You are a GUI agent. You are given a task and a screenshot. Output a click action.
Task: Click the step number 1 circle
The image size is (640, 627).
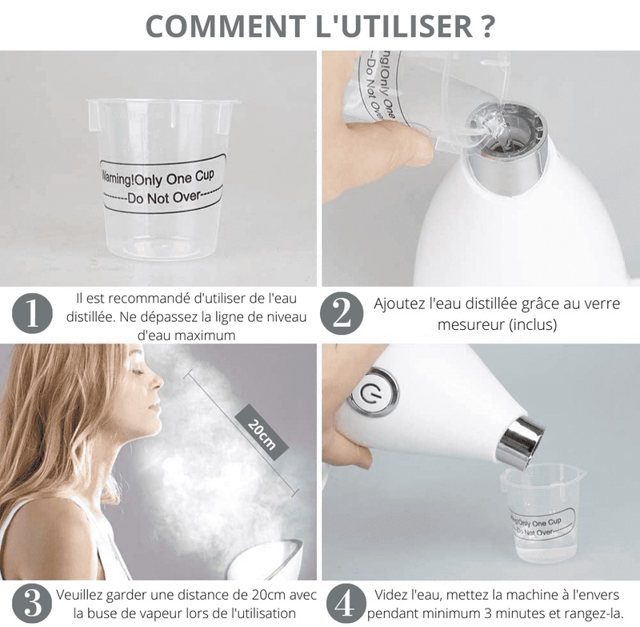pyautogui.click(x=33, y=315)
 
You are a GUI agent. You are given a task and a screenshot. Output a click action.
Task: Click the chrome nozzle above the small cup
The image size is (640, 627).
pyautogui.click(x=519, y=441)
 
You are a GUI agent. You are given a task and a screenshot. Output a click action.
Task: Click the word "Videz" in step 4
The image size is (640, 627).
pyautogui.click(x=393, y=595)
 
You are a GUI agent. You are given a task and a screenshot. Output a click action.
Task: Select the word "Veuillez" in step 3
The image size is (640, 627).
pyautogui.click(x=82, y=595)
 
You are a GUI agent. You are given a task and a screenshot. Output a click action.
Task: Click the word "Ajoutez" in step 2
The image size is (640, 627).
pyautogui.click(x=400, y=304)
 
